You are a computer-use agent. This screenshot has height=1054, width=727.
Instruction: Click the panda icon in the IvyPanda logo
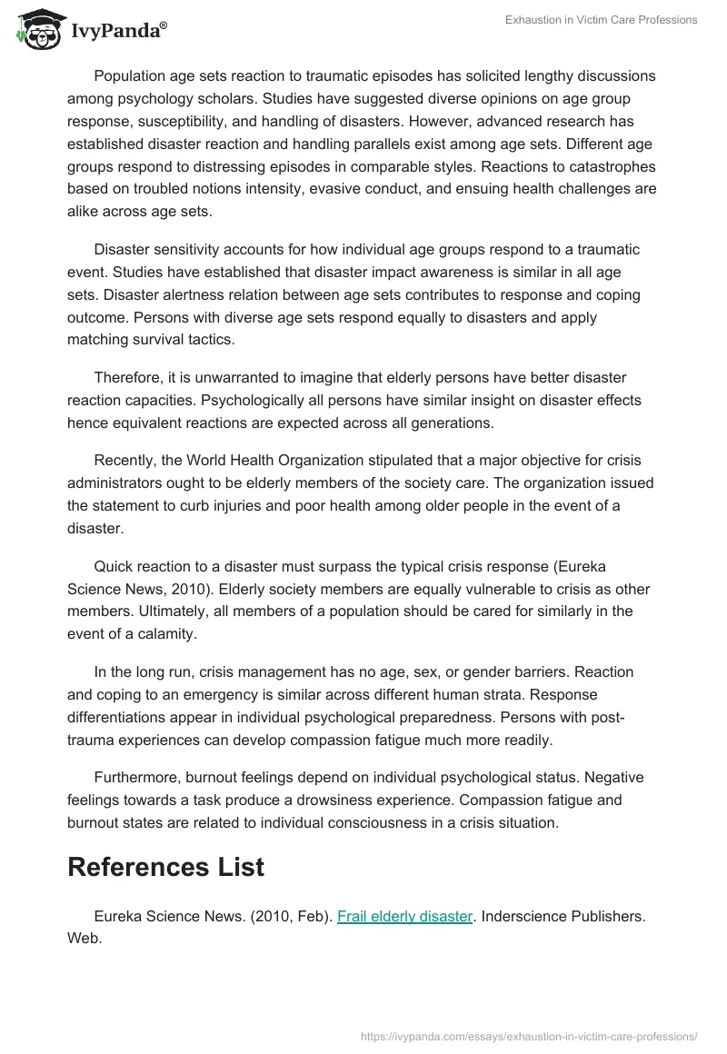click(x=35, y=29)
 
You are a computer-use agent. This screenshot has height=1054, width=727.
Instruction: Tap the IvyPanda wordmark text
click(x=118, y=32)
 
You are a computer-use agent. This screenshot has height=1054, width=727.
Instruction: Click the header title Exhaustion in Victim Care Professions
click(x=602, y=20)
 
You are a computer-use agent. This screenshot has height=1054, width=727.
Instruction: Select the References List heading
click(x=165, y=866)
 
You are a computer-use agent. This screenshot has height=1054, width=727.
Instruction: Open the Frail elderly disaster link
click(x=404, y=917)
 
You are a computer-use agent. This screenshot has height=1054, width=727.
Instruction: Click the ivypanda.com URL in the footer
click(x=529, y=1035)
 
